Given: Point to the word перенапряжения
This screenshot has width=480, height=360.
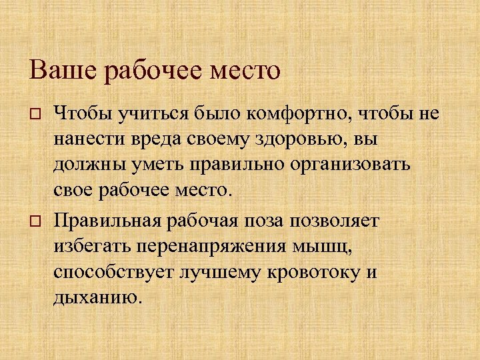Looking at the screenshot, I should tap(211, 247).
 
